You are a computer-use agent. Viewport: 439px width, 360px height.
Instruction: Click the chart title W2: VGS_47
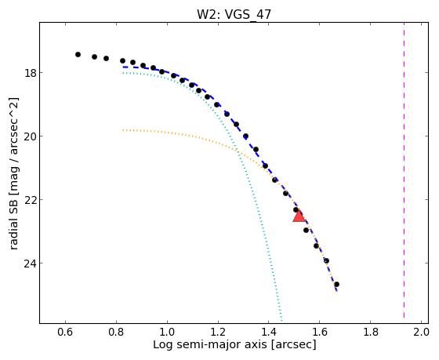tap(234, 14)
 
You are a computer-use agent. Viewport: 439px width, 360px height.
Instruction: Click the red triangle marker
tap(299, 216)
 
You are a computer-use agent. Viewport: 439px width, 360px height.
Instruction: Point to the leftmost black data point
tap(78, 54)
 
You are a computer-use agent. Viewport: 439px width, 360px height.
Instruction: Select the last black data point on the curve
tap(336, 285)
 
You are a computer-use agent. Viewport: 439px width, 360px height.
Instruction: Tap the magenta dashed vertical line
tap(404, 170)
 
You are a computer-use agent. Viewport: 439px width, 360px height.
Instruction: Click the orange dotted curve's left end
tap(123, 130)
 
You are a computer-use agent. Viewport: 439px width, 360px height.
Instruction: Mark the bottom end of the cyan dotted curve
tap(281, 319)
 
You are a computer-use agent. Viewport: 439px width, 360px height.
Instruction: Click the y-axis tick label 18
tap(30, 73)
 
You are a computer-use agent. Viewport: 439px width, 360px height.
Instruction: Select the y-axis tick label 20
tap(30, 136)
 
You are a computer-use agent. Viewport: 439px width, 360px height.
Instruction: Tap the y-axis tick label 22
tap(30, 200)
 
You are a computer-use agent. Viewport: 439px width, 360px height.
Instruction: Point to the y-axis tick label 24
tap(30, 264)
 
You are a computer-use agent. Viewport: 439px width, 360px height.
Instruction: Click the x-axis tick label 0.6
tap(65, 333)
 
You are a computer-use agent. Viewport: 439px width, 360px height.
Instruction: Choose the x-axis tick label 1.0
tap(167, 333)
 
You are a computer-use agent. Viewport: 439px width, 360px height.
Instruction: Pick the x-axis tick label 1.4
tap(268, 333)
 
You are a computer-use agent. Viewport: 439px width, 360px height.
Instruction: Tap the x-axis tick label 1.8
tap(370, 333)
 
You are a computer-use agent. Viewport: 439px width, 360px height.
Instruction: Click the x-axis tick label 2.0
tap(421, 333)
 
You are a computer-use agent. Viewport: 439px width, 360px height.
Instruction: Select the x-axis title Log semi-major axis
tap(210, 344)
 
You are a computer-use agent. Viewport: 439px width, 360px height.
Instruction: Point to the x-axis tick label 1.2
tap(218, 333)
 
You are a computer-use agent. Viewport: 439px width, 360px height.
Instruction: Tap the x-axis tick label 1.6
tap(319, 333)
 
